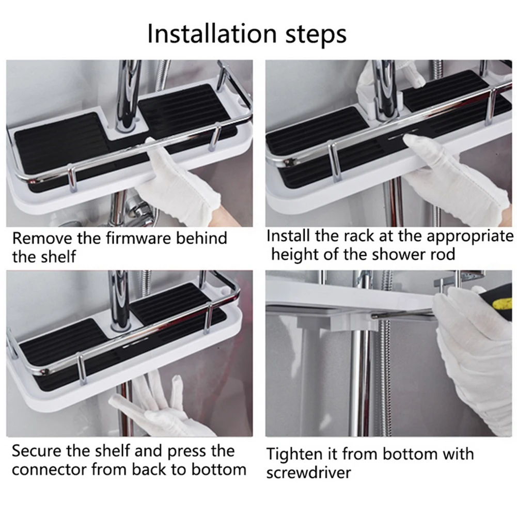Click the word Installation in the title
(212, 33)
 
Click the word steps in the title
(316, 34)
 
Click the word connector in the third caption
(49, 469)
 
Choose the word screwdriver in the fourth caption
(309, 473)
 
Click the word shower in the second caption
(387, 254)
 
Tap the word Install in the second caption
(287, 236)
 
